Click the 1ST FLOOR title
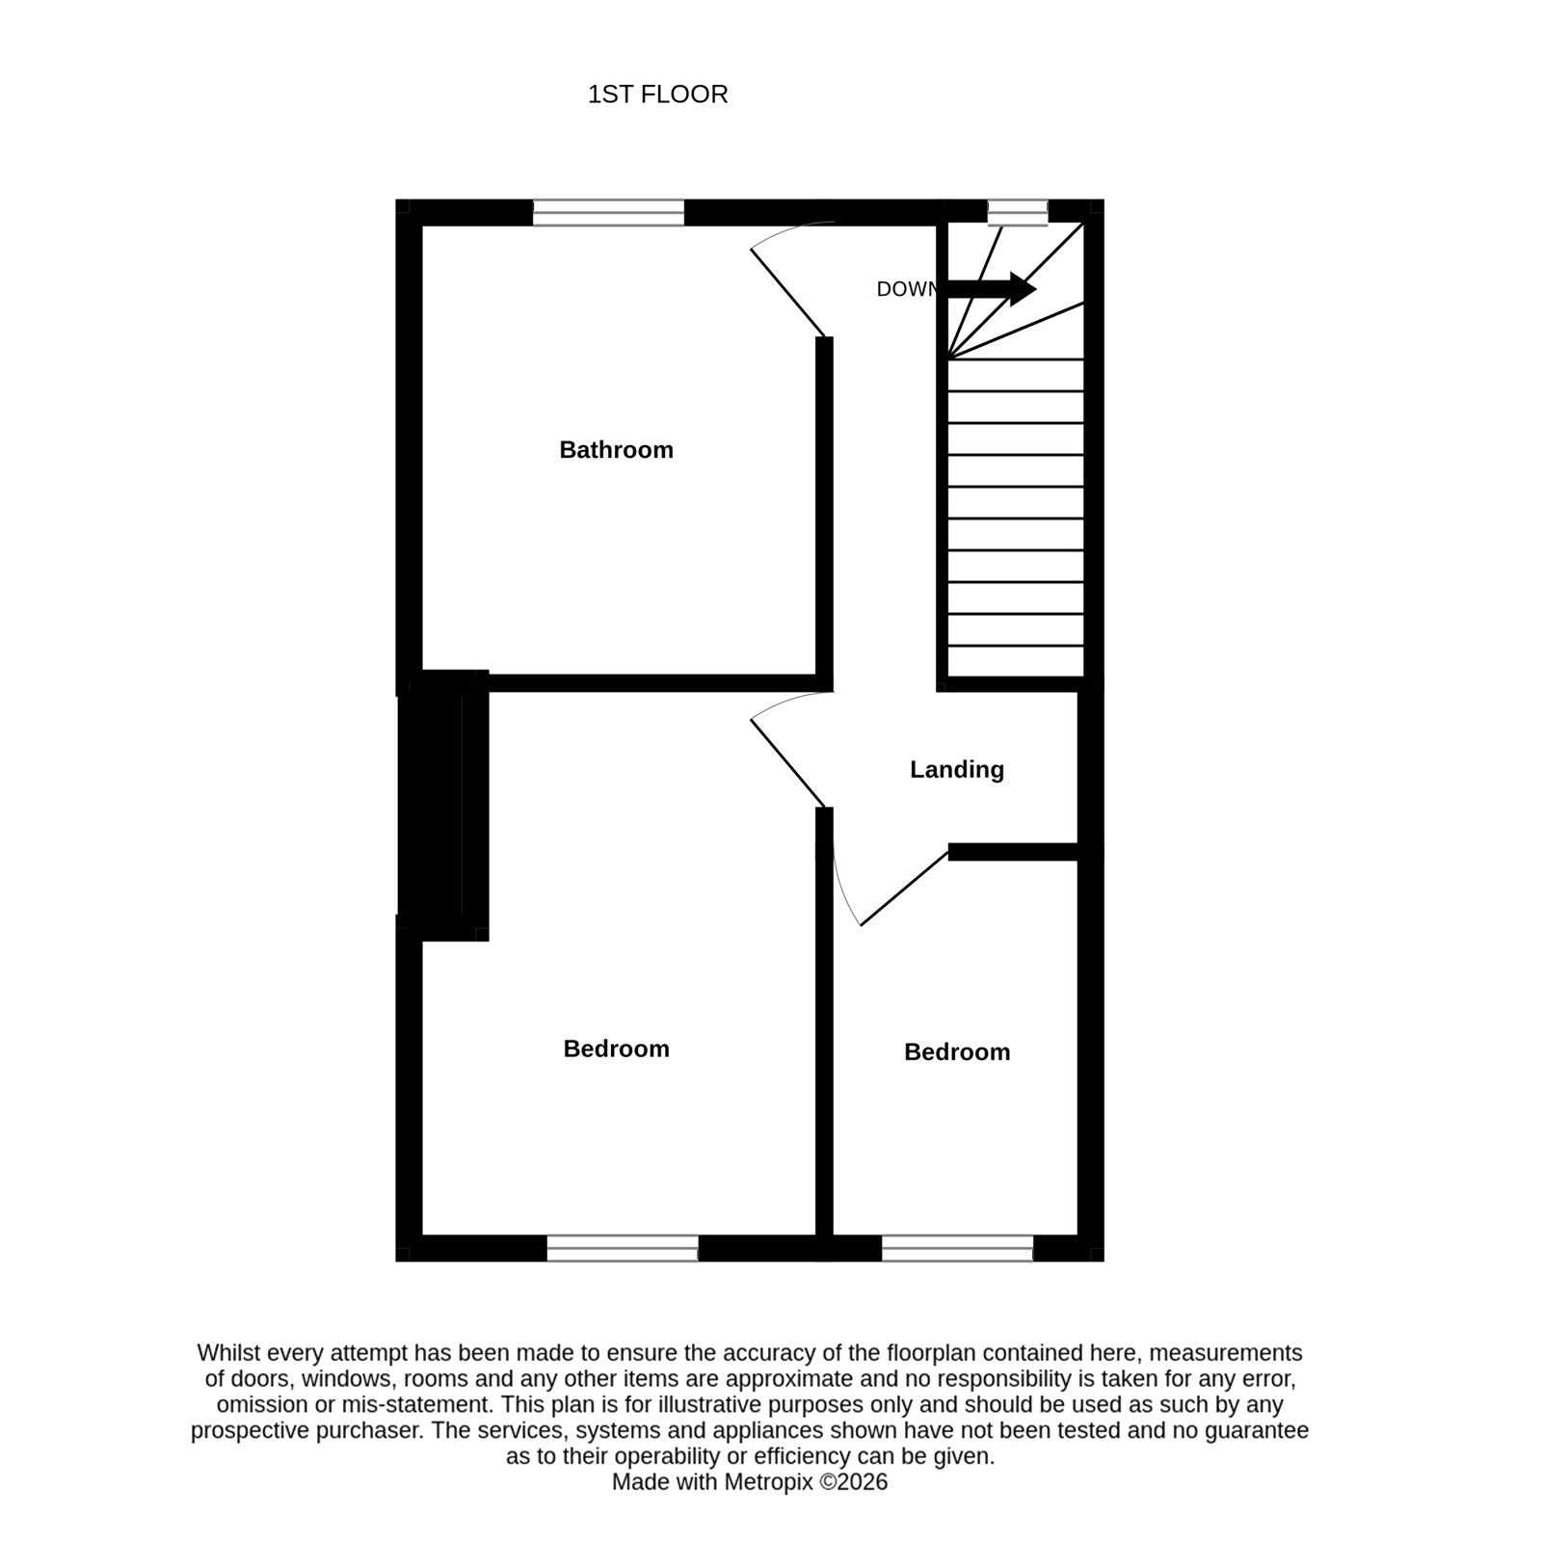pos(657,94)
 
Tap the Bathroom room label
pos(616,450)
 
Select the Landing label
pos(957,770)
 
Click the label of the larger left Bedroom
pos(616,1049)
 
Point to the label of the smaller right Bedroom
pos(957,1051)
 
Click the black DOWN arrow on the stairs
pos(992,289)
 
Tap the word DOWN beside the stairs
pos(907,289)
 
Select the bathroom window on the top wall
pos(608,212)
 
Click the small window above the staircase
pos(1018,212)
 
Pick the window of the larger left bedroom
pos(623,1248)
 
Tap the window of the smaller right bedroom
pos(957,1248)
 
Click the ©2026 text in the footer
pos(854,1482)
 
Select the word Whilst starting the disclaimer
pos(227,1353)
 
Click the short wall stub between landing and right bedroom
pos(1013,852)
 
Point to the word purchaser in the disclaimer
pos(370,1431)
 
